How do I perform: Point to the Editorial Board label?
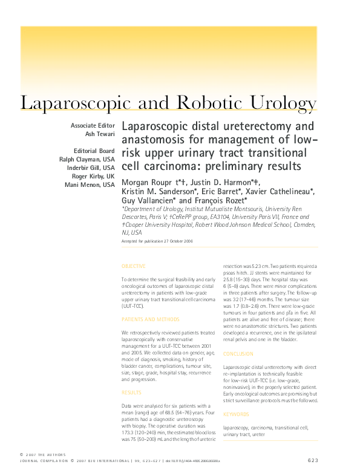[94, 151]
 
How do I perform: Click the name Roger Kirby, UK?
[93, 176]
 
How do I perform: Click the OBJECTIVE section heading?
[133, 266]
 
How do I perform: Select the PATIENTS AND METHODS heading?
[151, 319]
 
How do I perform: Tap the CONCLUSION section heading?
[238, 353]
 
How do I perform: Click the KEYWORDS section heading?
[236, 414]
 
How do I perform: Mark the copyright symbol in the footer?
[22, 454]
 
